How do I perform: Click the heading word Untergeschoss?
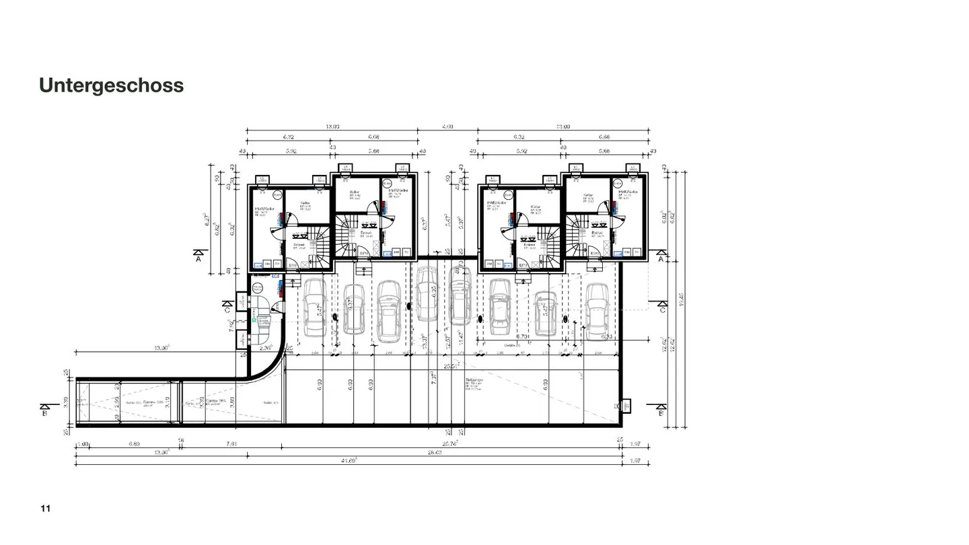coord(111,85)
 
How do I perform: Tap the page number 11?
coord(45,508)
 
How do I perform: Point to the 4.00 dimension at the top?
coord(447,126)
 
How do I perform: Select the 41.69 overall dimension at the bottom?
coord(349,460)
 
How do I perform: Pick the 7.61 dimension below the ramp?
coord(231,443)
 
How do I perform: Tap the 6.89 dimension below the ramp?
coord(135,443)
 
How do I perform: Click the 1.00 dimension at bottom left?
coord(83,443)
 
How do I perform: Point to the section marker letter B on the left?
coord(45,412)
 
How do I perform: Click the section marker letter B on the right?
coord(661,412)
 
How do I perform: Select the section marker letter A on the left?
coord(198,258)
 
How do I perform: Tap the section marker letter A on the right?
coord(661,258)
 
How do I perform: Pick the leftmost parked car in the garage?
coord(314,307)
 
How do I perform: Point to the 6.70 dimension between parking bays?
coord(522,336)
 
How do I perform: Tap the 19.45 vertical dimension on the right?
coord(682,297)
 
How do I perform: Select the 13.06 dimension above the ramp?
coord(161,347)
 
